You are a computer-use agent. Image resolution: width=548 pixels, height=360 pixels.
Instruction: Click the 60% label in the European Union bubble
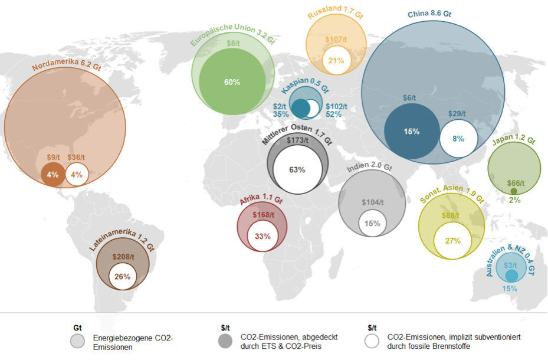[x=232, y=82]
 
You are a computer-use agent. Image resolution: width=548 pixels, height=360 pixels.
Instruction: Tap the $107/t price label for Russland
[x=336, y=40]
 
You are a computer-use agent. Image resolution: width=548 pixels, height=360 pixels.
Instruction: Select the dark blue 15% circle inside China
[x=412, y=131]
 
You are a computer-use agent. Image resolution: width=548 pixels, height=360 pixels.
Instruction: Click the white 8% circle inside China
[x=458, y=138]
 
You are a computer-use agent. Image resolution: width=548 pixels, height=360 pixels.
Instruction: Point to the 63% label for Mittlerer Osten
[x=297, y=169]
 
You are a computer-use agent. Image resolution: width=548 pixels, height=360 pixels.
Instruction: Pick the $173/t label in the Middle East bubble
[x=297, y=140]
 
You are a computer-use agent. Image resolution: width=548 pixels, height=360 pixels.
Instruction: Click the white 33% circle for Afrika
[x=262, y=236]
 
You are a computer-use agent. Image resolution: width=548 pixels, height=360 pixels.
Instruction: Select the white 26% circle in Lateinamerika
[x=123, y=277]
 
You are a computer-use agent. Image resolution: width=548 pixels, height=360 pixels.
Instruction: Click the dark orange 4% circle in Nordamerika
[x=53, y=175]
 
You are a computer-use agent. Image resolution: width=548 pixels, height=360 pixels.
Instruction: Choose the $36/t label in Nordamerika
[x=76, y=158]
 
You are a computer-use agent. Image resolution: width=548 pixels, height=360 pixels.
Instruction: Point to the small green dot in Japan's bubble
[x=514, y=191]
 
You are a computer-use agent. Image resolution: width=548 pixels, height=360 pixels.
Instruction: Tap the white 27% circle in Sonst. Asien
[x=452, y=240]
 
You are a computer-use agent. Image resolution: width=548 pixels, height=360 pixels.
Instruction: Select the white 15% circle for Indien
[x=372, y=224]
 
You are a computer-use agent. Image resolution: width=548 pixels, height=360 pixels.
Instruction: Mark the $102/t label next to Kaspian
[x=336, y=106]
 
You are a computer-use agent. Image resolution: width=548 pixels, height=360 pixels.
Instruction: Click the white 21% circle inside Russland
[x=336, y=60]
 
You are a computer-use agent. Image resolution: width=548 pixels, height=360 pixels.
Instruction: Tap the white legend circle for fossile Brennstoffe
[x=372, y=341]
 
